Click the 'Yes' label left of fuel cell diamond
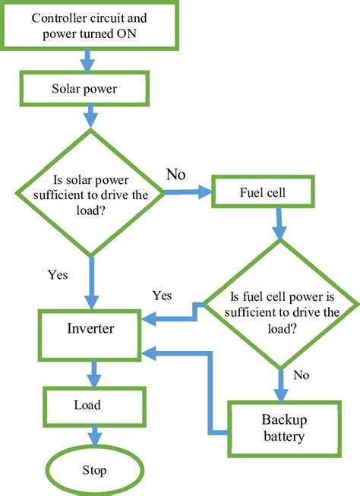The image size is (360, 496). pyautogui.click(x=163, y=294)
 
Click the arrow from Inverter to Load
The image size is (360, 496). pyautogui.click(x=93, y=374)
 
